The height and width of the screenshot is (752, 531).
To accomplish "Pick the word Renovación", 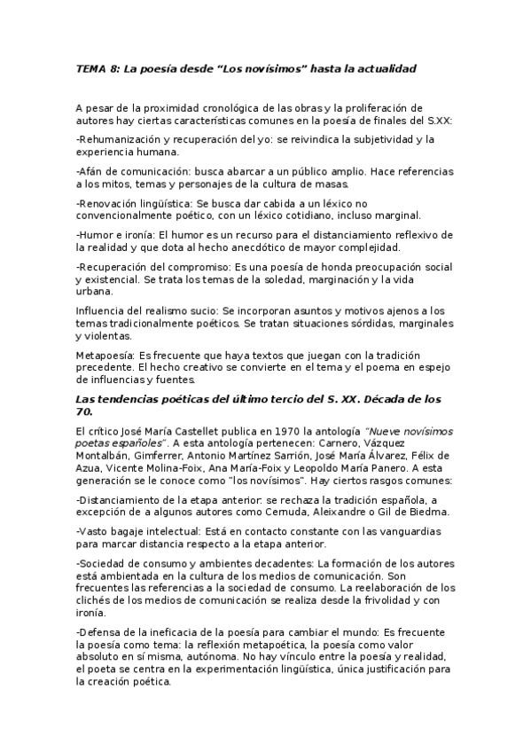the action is click(x=113, y=203).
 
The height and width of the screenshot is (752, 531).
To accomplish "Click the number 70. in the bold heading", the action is click(x=87, y=411).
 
